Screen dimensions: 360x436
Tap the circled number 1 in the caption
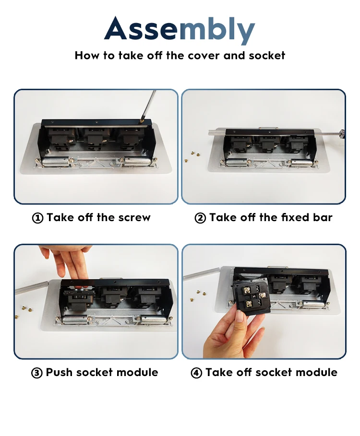(x=37, y=218)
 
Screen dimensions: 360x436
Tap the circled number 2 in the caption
(x=200, y=218)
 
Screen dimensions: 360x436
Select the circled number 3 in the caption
(x=37, y=373)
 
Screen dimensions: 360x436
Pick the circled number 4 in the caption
(x=196, y=373)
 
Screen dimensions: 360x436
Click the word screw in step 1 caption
(x=134, y=217)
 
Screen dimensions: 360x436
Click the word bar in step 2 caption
(x=323, y=217)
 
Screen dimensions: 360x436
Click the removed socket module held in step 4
(x=252, y=298)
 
